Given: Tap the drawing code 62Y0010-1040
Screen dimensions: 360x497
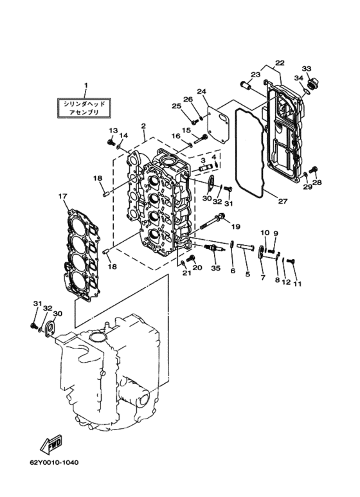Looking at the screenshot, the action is pyautogui.click(x=54, y=462).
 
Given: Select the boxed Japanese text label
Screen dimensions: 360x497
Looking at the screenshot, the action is pyautogui.click(x=84, y=108).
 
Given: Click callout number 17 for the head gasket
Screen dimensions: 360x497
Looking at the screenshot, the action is pyautogui.click(x=63, y=197).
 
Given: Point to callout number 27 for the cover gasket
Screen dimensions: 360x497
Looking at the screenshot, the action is pyautogui.click(x=282, y=201).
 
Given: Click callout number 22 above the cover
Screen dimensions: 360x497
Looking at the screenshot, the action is pyautogui.click(x=280, y=63).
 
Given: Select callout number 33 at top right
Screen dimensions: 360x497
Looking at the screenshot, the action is pyautogui.click(x=307, y=68).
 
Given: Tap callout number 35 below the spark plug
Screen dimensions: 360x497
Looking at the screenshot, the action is pyautogui.click(x=216, y=268).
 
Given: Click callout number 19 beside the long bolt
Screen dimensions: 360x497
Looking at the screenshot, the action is pyautogui.click(x=235, y=226).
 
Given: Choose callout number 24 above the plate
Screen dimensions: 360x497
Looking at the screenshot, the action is pyautogui.click(x=202, y=91).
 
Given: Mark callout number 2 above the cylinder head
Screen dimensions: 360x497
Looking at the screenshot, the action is pyautogui.click(x=143, y=126).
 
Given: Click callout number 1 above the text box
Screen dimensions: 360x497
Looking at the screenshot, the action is pyautogui.click(x=85, y=86).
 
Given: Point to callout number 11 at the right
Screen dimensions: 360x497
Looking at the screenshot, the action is pyautogui.click(x=297, y=284).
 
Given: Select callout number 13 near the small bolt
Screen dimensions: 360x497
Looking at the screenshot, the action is pyautogui.click(x=113, y=131).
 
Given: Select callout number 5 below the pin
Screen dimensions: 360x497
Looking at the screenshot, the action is pyautogui.click(x=248, y=274).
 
